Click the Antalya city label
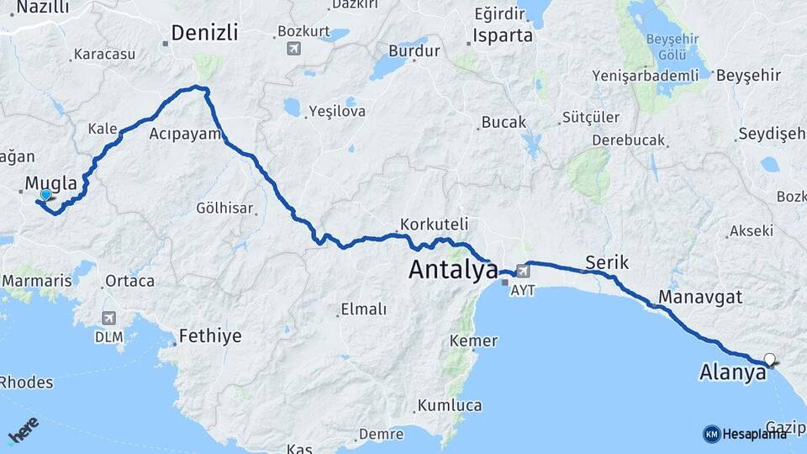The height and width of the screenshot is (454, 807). coord(453,270)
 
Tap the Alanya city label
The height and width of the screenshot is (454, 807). coord(732,372)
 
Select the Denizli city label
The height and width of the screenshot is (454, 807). coord(204,33)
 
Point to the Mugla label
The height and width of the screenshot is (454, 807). coord(51,182)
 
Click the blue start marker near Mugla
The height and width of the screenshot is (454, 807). coord(45,195)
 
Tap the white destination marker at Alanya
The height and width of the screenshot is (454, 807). coord(769,360)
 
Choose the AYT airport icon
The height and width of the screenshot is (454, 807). coord(524,271)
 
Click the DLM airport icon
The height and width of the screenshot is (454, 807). coord(108,318)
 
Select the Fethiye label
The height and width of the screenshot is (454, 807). coord(210,336)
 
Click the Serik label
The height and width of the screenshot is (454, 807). coord(607,262)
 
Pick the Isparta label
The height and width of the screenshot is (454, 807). coord(503,35)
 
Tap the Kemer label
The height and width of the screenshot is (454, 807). coord(473,341)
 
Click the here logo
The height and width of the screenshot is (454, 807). coord(23,430)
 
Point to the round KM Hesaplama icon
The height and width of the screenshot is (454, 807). coord(711,434)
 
